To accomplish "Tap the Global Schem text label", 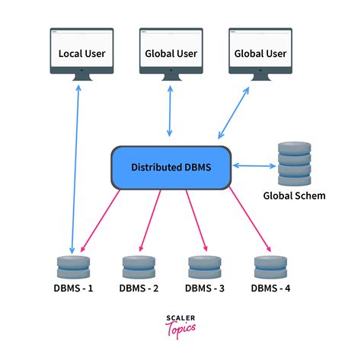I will pyautogui.click(x=293, y=196).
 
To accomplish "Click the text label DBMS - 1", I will pyautogui.click(x=73, y=288).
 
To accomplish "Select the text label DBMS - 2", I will pyautogui.click(x=139, y=288).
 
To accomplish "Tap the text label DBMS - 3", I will pyautogui.click(x=204, y=288).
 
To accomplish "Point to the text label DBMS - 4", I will pyautogui.click(x=270, y=288).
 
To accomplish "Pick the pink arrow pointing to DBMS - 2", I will pyautogui.click(x=150, y=221).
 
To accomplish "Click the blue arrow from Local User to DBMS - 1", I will pyautogui.click(x=76, y=167).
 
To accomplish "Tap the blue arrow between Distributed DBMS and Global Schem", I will pyautogui.click(x=253, y=164).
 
